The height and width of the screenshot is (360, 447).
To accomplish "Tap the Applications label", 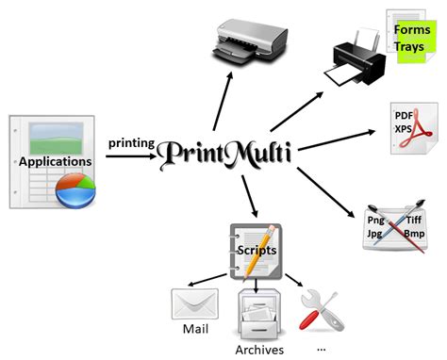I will [x=56, y=161].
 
